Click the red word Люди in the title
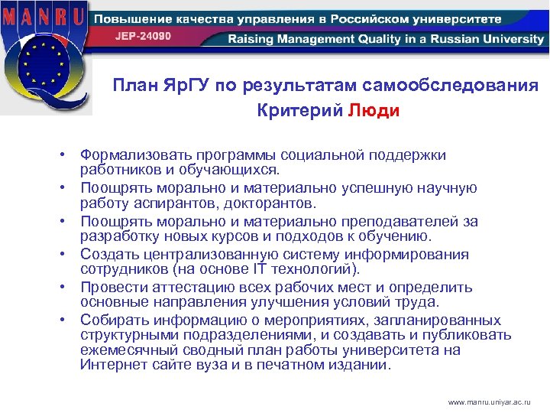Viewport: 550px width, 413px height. click(x=374, y=110)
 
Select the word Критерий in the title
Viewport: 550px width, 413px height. click(x=299, y=110)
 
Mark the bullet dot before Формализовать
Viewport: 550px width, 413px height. click(x=68, y=156)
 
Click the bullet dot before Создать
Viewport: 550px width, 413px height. click(x=68, y=255)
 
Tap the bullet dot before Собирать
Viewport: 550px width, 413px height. click(x=68, y=320)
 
